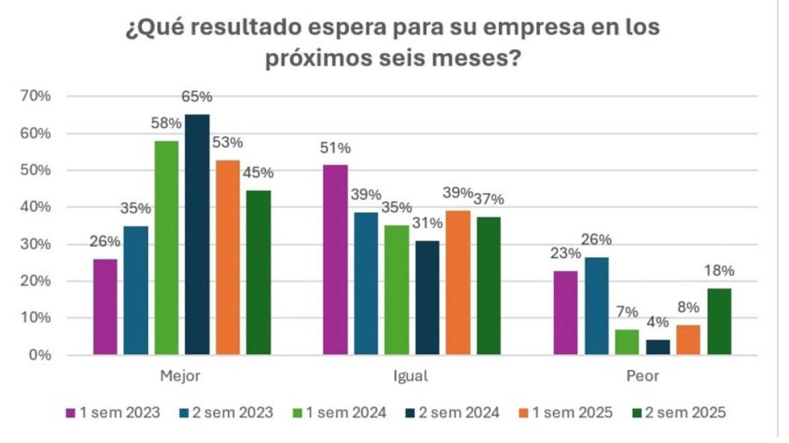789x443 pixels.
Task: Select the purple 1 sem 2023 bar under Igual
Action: pos(336,260)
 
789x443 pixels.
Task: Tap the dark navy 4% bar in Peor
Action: pos(657,347)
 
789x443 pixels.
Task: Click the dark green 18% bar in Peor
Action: pos(718,322)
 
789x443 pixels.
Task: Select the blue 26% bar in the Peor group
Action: pos(595,306)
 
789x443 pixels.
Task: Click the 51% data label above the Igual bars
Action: pos(335,147)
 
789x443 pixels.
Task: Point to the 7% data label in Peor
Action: pos(626,312)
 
